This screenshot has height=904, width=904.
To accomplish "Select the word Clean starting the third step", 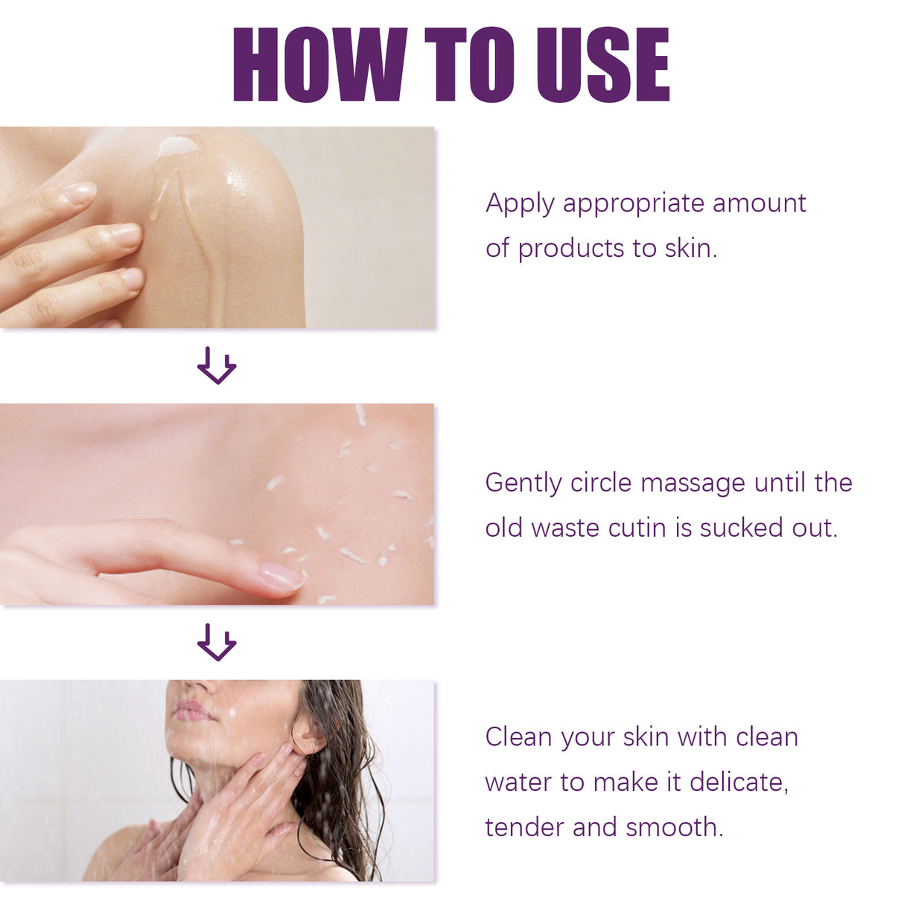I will [518, 737].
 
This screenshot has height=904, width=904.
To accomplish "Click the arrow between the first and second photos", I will [217, 365].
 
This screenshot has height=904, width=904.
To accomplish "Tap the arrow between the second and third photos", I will [217, 642].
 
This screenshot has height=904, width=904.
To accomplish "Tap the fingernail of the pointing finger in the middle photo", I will [281, 576].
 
